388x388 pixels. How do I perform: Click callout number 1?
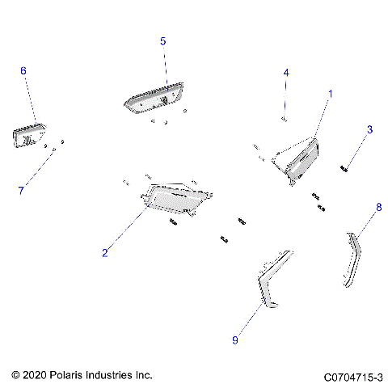pyautogui.click(x=330, y=95)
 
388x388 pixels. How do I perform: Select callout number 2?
pyautogui.click(x=105, y=253)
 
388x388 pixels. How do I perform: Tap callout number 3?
pyautogui.click(x=370, y=129)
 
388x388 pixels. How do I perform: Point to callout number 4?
pyautogui.click(x=285, y=73)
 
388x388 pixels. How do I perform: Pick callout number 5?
pyautogui.click(x=162, y=40)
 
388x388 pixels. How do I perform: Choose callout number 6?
pyautogui.click(x=23, y=71)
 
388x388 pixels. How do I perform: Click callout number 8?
pyautogui.click(x=378, y=208)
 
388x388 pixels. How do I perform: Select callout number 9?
pyautogui.click(x=235, y=341)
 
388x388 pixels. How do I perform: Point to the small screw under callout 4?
pyautogui.click(x=285, y=119)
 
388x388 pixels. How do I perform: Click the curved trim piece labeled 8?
pyautogui.click(x=351, y=260)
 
